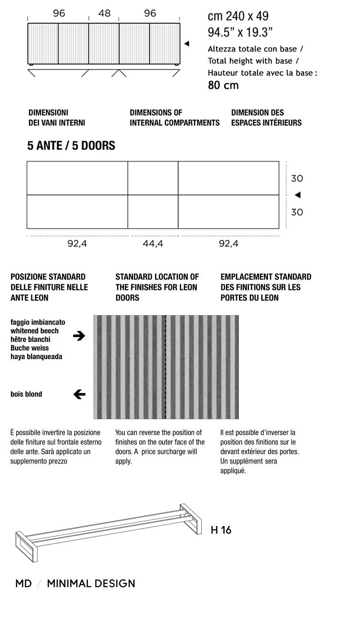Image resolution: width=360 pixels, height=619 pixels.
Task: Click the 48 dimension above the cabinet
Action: pos(104,13)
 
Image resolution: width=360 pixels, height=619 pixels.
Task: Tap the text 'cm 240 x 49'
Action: pos(238,16)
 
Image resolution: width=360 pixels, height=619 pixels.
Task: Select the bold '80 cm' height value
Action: pos(223,86)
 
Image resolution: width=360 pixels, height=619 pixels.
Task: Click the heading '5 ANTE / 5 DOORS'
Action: pos(71,146)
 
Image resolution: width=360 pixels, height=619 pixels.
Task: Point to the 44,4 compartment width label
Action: pos(153,244)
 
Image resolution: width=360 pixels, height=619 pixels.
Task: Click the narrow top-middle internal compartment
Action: pos(153,178)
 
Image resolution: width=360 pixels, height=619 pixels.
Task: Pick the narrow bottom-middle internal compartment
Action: pos(153,212)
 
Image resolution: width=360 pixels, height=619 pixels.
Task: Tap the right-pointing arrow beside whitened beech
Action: pos(79,336)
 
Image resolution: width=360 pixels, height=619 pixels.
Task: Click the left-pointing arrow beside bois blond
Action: pos(79,394)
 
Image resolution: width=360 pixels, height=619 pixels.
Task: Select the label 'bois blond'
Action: pos(26,394)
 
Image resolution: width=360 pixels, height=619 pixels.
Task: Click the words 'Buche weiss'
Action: pos(31,348)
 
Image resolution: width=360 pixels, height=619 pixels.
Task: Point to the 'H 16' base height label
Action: pos(221,530)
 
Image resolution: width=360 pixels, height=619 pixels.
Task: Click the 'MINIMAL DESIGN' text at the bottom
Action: pos(91,584)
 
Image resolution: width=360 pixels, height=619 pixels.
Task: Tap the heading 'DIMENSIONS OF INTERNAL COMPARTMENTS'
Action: pos(175,118)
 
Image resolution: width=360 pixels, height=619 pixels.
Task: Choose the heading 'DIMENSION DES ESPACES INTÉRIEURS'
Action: pos(266,118)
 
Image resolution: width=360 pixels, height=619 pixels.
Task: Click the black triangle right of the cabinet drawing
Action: pos(187,44)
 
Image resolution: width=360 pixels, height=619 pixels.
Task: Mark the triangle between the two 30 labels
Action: pos(298,195)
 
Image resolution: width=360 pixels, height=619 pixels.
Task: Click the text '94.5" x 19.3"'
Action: pos(240,33)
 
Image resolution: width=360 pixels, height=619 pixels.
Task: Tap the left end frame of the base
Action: pos(26,546)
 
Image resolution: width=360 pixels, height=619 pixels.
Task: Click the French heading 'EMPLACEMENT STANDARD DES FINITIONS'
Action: pos(266,287)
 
